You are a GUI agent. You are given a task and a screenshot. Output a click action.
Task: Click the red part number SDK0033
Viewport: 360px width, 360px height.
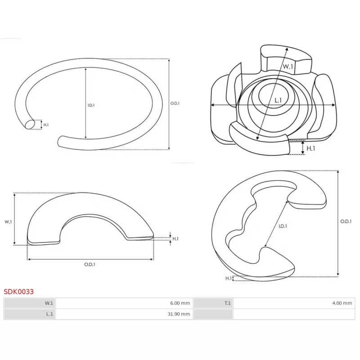click(x=19, y=292)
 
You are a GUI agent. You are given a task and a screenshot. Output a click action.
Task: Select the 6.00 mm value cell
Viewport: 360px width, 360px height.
click(x=124, y=303)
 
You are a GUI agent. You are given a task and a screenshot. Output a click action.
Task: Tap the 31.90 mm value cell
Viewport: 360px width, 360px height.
click(x=124, y=314)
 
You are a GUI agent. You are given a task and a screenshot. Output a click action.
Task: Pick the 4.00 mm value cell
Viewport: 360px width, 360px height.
click(x=294, y=303)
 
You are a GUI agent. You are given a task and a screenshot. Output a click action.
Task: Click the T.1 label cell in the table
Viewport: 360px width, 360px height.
click(x=213, y=303)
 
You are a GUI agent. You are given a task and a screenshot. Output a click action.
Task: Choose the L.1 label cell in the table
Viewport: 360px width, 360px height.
click(x=30, y=314)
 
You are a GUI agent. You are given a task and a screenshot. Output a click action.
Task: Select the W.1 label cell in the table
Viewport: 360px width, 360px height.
click(x=30, y=303)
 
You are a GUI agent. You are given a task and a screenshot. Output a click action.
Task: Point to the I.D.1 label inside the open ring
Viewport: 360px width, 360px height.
click(x=91, y=105)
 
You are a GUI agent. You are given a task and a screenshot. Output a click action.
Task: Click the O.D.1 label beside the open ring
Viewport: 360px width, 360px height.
click(x=175, y=103)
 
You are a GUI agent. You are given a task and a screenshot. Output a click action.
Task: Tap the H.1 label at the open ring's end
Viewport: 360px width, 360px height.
click(x=46, y=125)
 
